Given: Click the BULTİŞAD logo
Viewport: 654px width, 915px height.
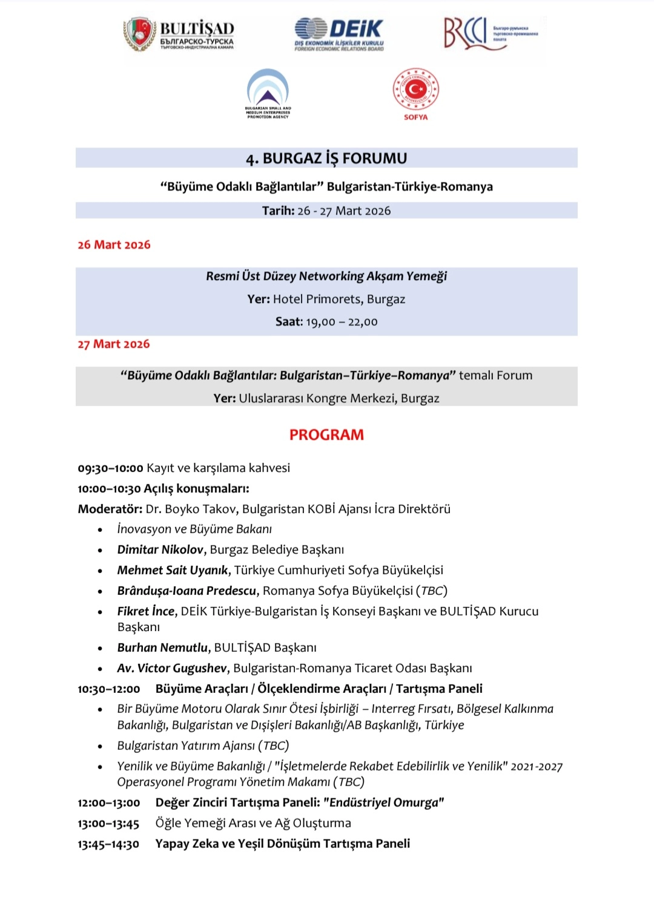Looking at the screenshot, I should pos(179,34).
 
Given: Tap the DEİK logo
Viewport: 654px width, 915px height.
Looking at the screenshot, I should pos(339,33).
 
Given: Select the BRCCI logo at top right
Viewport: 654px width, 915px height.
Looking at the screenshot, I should pos(490,33).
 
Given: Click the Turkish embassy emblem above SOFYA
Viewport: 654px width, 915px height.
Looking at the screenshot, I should pos(415,90).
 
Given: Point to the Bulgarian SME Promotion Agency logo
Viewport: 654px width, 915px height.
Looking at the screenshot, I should pos(268,93).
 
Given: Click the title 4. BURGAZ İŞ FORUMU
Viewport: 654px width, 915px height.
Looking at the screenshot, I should pos(326,159).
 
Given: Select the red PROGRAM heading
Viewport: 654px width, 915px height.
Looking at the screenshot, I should pos(326,435).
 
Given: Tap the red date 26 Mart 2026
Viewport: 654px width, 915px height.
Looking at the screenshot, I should pos(114,245).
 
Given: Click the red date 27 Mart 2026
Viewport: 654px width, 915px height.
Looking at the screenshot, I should pos(113,344).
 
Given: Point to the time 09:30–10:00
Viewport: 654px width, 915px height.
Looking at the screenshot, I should pos(110,468).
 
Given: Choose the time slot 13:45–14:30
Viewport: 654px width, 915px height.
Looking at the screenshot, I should pos(108,844).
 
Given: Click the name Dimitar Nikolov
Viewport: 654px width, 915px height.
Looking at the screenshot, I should pos(160,550).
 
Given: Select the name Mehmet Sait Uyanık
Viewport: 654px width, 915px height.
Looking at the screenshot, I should pos(173,571).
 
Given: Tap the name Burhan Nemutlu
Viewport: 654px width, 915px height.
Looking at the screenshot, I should pos(162,648).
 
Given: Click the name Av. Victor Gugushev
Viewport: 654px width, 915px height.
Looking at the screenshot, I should pos(172,669).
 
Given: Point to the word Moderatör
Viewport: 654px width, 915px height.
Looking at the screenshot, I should pos(110,510).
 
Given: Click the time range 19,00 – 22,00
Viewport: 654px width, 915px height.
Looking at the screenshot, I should pos(342,322).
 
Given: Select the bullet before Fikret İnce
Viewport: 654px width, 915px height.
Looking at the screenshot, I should pos(100,612).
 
